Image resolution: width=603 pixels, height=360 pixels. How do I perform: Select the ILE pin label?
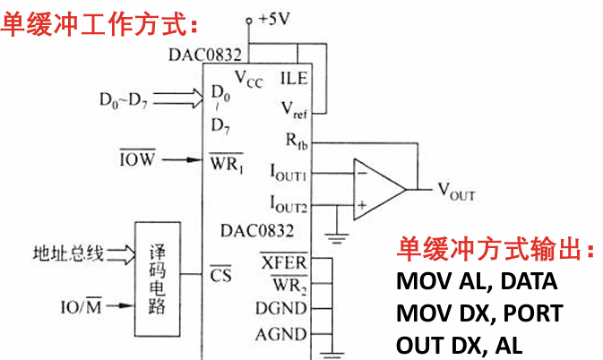coord(294,78)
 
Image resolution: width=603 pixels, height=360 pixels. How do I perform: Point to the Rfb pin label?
coord(293,140)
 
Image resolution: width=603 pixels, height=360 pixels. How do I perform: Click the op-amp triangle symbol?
coord(375,189)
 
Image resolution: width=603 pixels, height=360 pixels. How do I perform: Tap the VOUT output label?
coord(456,190)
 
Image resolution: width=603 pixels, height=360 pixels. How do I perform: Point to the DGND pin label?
coord(283,310)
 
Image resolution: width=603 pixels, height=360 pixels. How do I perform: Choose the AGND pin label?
coord(283,335)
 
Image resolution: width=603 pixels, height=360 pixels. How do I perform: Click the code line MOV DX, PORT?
coord(479,313)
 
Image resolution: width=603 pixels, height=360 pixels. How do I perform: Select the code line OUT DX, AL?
coord(459,345)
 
